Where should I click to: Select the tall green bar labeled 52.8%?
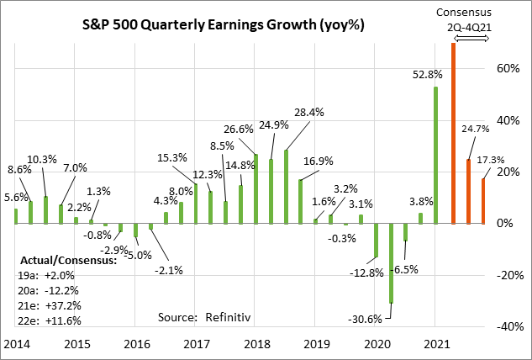435,155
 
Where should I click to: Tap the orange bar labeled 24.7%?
468,191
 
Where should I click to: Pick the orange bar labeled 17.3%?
483,201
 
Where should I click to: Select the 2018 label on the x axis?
256,345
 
